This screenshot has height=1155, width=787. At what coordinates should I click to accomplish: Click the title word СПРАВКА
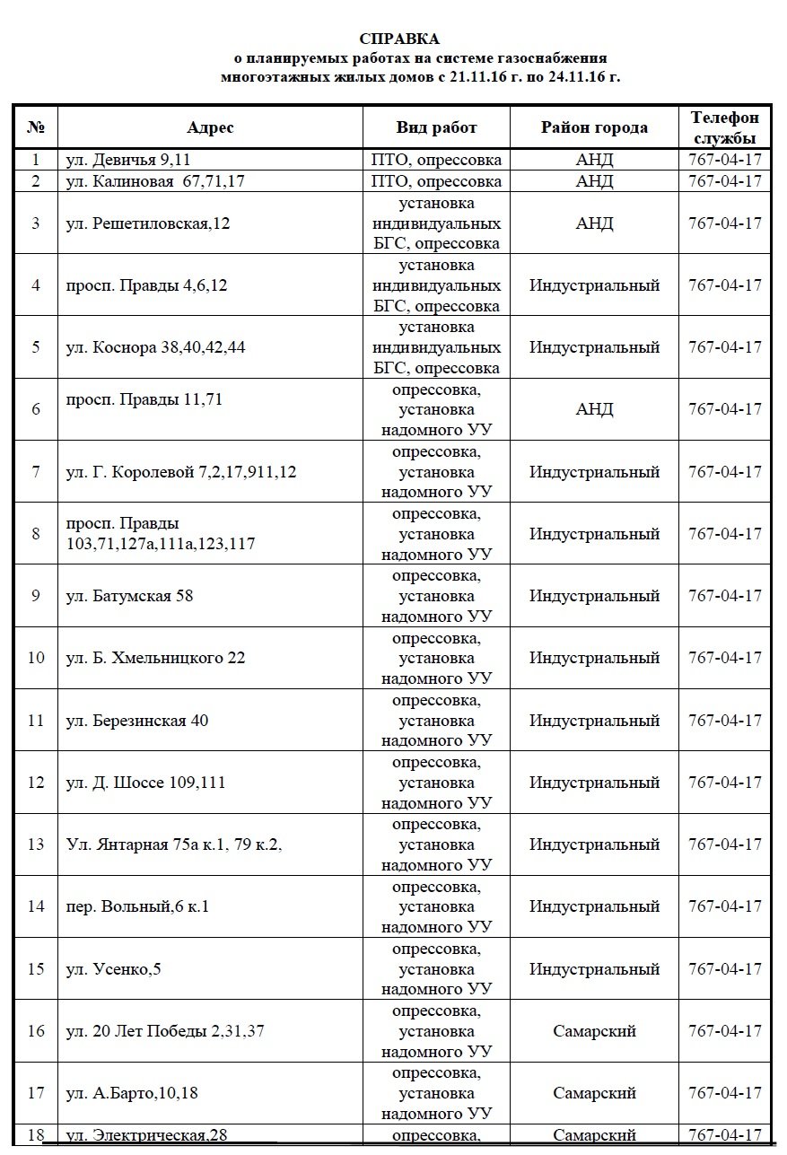pyautogui.click(x=399, y=39)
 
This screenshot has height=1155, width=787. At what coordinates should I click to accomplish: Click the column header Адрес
pyautogui.click(x=210, y=127)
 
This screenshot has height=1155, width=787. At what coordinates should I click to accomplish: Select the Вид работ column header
pyautogui.click(x=436, y=127)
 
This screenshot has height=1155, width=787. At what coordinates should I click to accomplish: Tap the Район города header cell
pyautogui.click(x=594, y=127)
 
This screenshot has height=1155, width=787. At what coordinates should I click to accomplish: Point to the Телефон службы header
pyautogui.click(x=724, y=127)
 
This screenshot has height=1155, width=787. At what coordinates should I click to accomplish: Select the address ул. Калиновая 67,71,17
pyautogui.click(x=155, y=181)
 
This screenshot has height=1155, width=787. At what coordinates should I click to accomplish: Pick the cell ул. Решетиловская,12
pyautogui.click(x=148, y=223)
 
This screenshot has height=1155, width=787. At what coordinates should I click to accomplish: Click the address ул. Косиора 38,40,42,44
pyautogui.click(x=155, y=347)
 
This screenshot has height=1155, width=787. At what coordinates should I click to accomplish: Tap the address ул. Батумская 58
pyautogui.click(x=130, y=596)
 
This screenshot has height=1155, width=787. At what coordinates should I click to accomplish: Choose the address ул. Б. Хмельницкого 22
pyautogui.click(x=155, y=658)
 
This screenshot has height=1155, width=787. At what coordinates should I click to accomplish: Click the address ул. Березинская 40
pyautogui.click(x=137, y=721)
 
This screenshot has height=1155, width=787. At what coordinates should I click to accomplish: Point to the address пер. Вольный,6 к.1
pyautogui.click(x=138, y=906)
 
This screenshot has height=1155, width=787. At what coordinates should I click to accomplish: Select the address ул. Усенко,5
pyautogui.click(x=114, y=969)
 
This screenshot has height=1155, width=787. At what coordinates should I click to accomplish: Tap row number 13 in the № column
pyautogui.click(x=36, y=844)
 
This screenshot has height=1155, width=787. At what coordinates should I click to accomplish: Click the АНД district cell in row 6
pyautogui.click(x=594, y=409)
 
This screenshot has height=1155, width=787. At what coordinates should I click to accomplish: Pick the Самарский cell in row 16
pyautogui.click(x=594, y=1031)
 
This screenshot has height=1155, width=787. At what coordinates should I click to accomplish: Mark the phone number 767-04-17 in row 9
pyautogui.click(x=724, y=596)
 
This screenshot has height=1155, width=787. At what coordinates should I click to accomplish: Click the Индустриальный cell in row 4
pyautogui.click(x=594, y=285)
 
